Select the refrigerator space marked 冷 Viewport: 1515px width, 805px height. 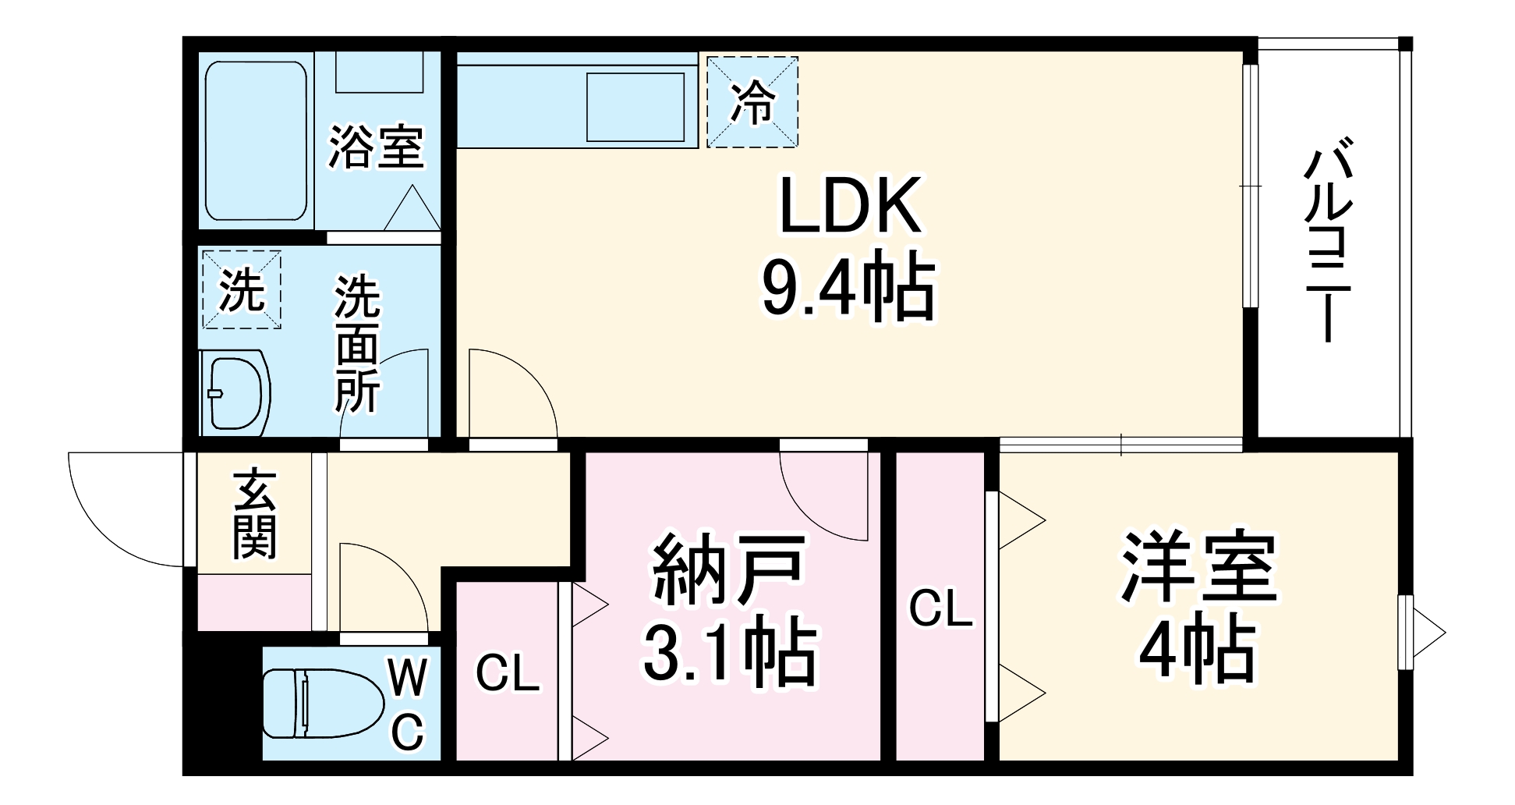(752, 101)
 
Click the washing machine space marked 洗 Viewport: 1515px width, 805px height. (241, 289)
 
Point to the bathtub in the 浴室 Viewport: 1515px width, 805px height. (255, 140)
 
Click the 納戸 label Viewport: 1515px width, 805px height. (728, 570)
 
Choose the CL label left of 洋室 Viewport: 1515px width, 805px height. (941, 608)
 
